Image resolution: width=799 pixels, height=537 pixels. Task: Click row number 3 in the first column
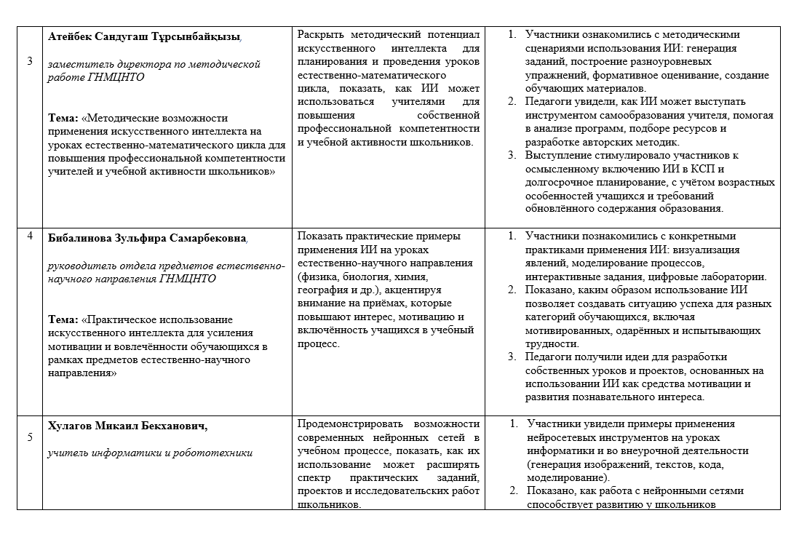click(x=29, y=61)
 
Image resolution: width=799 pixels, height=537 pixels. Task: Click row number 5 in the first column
click(x=29, y=437)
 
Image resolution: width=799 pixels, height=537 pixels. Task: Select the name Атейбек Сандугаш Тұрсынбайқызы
click(x=143, y=36)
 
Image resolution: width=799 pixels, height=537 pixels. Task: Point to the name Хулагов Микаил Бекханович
click(x=132, y=425)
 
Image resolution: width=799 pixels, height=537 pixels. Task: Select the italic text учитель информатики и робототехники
click(x=150, y=453)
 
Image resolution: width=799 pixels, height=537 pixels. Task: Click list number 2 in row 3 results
click(x=512, y=102)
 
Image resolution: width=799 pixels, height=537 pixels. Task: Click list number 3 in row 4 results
click(x=512, y=357)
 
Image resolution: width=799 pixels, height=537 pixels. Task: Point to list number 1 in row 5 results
click(x=513, y=423)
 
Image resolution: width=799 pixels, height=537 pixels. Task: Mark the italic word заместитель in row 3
click(x=76, y=64)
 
